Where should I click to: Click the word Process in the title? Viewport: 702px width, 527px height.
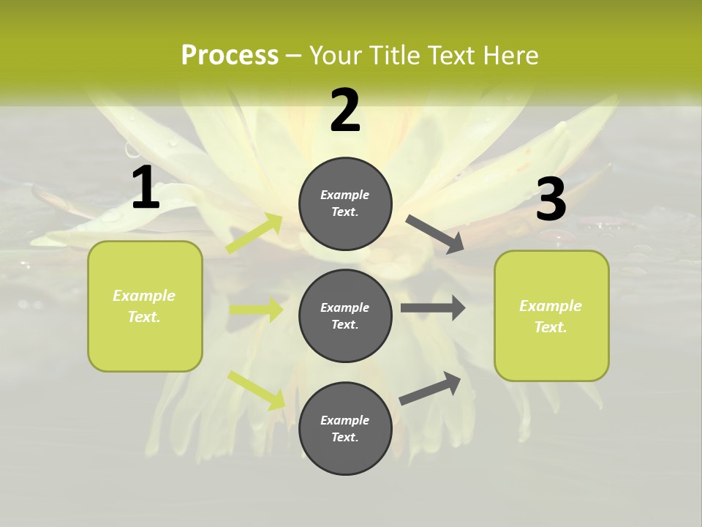[230, 56]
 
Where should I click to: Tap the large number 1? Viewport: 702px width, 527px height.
[146, 188]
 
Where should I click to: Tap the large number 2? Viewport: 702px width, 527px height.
[345, 111]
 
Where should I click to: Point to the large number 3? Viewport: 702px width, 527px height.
[551, 200]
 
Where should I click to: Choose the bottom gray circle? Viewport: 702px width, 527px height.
[345, 454]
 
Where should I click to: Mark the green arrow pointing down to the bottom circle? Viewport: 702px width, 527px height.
[257, 389]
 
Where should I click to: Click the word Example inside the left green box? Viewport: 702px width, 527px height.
[144, 296]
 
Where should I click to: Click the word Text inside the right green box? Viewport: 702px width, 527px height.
[550, 327]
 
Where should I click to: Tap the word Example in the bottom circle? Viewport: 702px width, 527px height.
[345, 420]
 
